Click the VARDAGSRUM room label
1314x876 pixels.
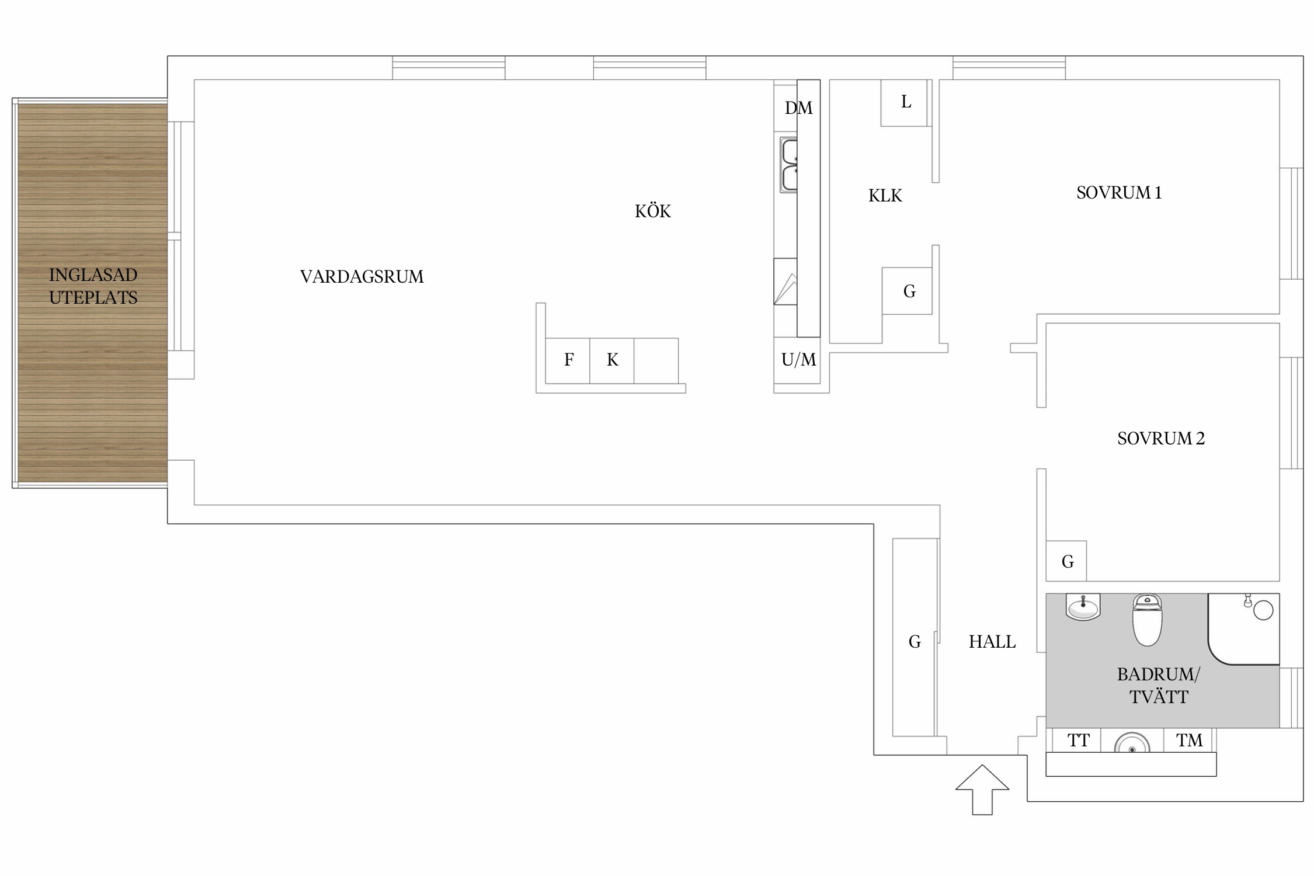[x=362, y=276]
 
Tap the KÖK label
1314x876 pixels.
[x=653, y=211]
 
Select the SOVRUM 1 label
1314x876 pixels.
[x=1119, y=193]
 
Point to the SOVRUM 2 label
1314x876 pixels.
[x=1161, y=439]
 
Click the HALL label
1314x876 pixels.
[x=992, y=642]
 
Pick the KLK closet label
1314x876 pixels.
[x=885, y=196]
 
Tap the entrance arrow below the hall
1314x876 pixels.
[x=982, y=790]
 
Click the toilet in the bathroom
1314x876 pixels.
[x=1147, y=620]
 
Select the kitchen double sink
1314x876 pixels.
[x=788, y=165]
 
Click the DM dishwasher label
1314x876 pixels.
[x=798, y=108]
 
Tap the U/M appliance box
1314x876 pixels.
[x=798, y=360]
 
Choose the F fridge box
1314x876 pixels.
[x=568, y=361]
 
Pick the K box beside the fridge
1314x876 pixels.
[x=612, y=361]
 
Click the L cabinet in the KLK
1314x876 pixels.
[x=904, y=103]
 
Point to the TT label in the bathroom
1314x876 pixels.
[x=1079, y=741]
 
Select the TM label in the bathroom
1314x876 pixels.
[x=1190, y=741]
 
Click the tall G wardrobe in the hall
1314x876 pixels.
[x=915, y=637]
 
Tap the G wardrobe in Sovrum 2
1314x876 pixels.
[x=1066, y=561]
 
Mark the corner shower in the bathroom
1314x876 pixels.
[x=1244, y=629]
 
